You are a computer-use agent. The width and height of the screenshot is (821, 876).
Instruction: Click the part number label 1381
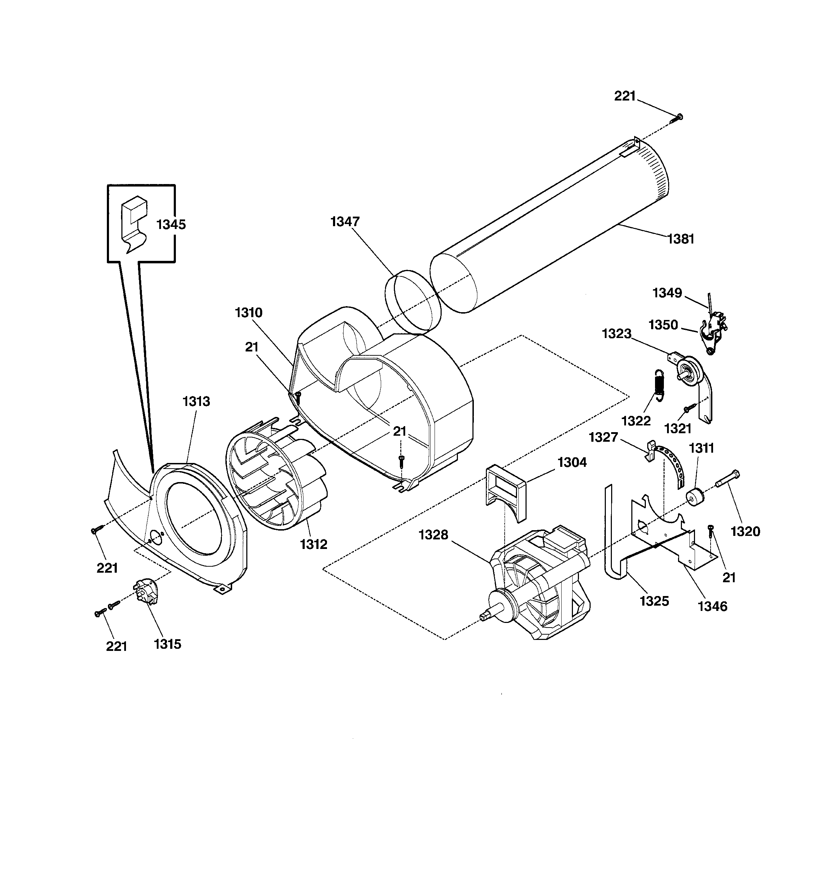click(x=681, y=239)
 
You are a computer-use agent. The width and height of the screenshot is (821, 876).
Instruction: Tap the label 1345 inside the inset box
click(x=171, y=225)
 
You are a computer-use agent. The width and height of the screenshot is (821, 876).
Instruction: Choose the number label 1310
click(x=248, y=313)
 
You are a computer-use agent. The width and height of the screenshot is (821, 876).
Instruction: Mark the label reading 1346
click(x=713, y=606)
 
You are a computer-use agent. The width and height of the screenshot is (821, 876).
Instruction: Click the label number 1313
click(x=196, y=401)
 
